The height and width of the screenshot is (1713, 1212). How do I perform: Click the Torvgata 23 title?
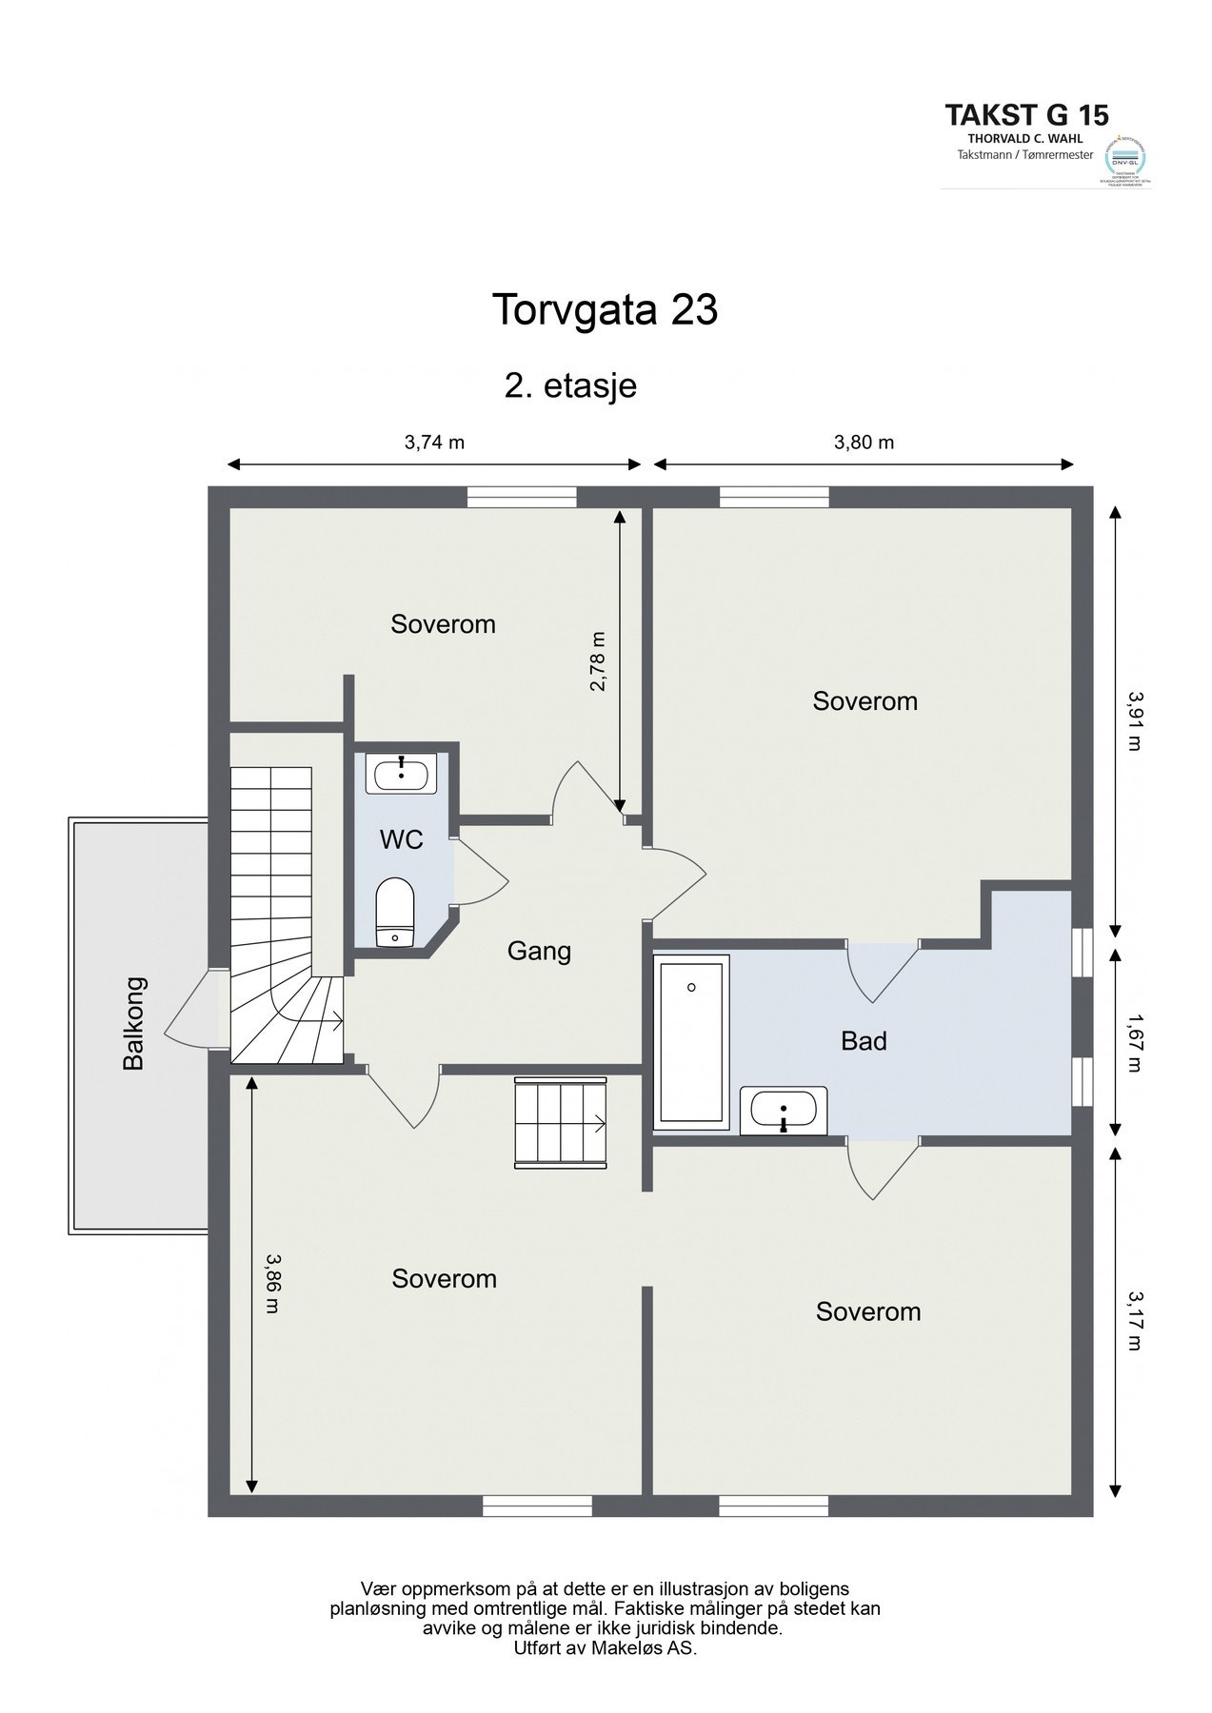tap(604, 310)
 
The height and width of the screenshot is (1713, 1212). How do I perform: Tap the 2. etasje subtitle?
tap(570, 386)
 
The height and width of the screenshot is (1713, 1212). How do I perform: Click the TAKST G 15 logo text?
tap(1026, 115)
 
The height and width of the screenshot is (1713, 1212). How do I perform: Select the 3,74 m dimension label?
tap(434, 442)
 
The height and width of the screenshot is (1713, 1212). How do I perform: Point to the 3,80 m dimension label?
tap(864, 442)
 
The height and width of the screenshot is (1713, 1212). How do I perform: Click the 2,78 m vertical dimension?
tap(597, 661)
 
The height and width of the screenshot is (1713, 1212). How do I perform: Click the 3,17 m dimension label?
tap(1133, 1320)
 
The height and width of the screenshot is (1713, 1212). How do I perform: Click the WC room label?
tap(401, 840)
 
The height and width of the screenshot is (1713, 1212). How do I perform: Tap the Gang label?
tap(539, 951)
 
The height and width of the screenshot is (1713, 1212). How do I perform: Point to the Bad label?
tap(864, 1041)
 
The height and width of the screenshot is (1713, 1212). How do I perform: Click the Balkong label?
tap(134, 1023)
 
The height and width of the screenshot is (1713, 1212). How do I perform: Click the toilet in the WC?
tap(394, 913)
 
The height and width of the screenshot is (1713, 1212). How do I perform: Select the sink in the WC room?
tap(401, 773)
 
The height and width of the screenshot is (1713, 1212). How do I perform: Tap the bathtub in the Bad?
tap(690, 1041)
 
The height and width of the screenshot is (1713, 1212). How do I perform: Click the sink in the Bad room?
tap(784, 1110)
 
